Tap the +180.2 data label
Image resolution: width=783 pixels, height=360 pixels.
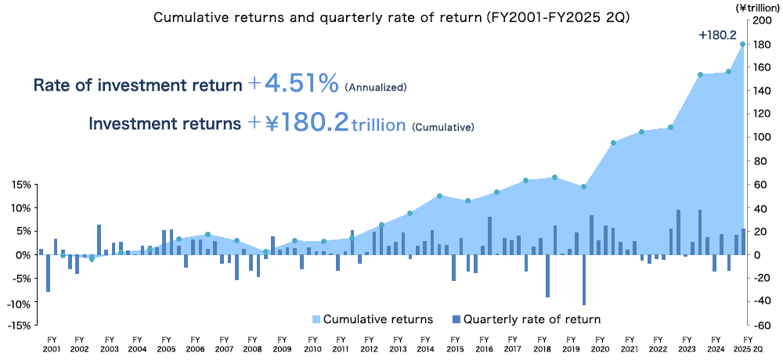tap(716, 34)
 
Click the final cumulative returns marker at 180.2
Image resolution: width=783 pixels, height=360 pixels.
tap(742, 44)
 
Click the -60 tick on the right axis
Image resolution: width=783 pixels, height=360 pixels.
tap(762, 326)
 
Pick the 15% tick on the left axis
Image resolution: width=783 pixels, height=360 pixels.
tap(21, 185)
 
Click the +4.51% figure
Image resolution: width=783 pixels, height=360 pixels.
tap(293, 83)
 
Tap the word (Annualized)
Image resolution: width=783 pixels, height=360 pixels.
tap(376, 87)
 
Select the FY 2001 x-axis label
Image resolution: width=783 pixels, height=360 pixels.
tap(52, 344)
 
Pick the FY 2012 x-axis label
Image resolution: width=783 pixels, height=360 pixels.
tap(370, 344)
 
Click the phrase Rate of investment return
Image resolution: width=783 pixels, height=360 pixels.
tap(137, 85)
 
